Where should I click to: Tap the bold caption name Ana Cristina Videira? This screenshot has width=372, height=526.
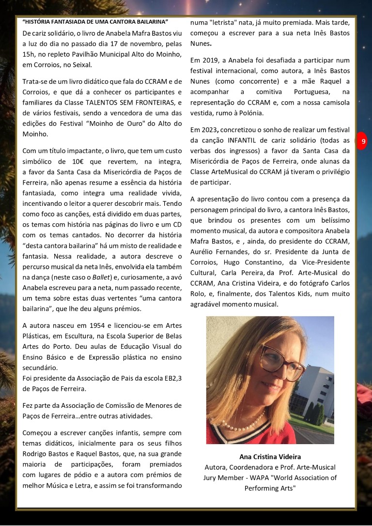coord(270,457)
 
